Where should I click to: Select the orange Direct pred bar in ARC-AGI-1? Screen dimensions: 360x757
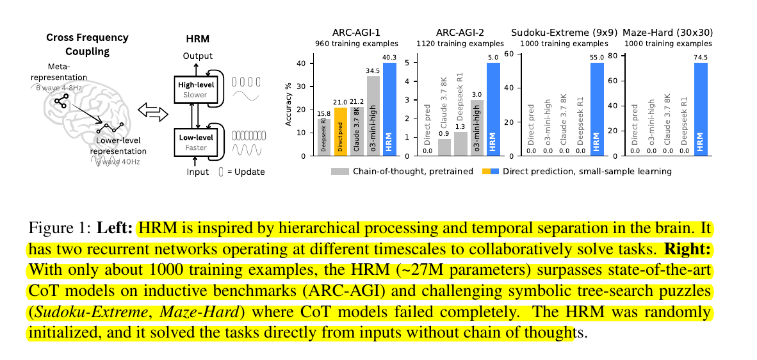341,131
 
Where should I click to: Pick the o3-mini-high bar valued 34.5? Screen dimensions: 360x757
373,116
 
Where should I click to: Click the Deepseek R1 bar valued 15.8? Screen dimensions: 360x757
324,137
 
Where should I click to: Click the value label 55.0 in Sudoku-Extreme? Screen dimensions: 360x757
598,56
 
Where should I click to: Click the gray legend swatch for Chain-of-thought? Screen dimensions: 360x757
339,171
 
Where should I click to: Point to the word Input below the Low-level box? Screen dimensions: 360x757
198,172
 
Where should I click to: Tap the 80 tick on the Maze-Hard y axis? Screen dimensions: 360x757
612,56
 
